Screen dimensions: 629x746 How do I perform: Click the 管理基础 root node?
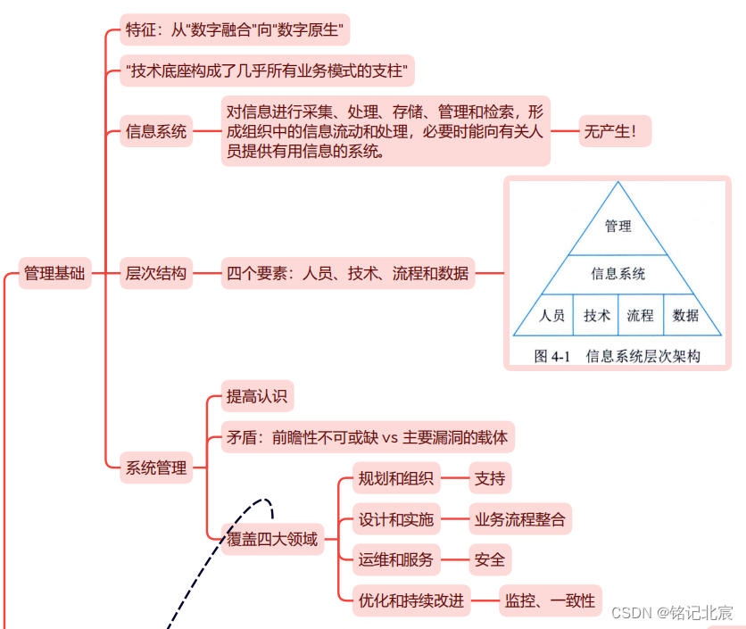[x=54, y=274]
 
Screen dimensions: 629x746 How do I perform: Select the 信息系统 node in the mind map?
[x=156, y=132]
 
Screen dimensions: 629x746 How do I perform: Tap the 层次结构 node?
[x=156, y=274]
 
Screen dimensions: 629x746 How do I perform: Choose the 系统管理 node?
[x=156, y=468]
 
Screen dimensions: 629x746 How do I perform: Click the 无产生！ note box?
[x=615, y=132]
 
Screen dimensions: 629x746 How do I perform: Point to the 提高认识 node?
[x=257, y=397]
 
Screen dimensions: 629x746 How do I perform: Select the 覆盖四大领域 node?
[x=272, y=539]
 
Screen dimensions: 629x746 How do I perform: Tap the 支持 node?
[x=490, y=478]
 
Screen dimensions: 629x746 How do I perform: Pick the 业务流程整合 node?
[x=520, y=519]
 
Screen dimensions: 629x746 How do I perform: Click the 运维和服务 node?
[x=396, y=560]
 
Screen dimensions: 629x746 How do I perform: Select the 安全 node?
[x=490, y=560]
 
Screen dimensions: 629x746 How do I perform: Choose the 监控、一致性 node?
[x=550, y=601]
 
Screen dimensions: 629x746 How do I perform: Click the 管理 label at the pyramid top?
[x=618, y=227]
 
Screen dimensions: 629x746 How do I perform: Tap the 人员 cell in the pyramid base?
[x=552, y=315]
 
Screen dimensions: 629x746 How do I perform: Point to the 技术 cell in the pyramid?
[x=596, y=315]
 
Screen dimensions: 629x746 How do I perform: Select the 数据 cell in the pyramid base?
[x=685, y=315]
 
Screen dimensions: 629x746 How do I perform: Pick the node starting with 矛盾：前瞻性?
[x=367, y=438]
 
